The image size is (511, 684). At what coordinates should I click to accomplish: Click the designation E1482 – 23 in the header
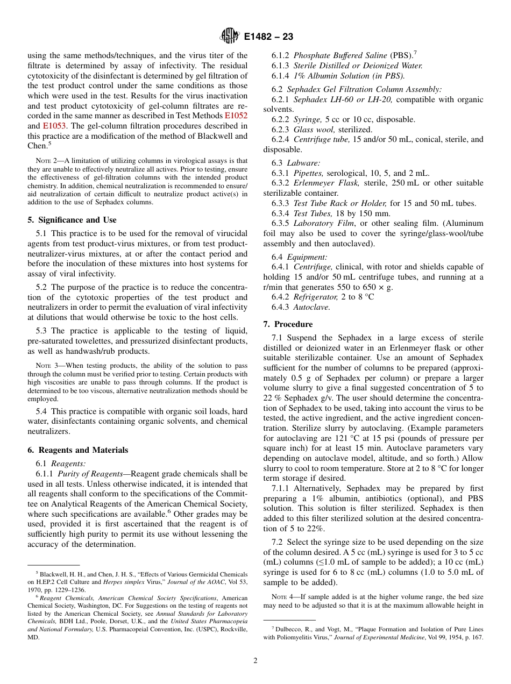click(268, 37)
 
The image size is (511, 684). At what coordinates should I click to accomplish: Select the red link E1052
click(236, 116)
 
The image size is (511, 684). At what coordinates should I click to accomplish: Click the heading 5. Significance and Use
click(72, 220)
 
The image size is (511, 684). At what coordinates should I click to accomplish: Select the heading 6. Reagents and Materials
click(77, 450)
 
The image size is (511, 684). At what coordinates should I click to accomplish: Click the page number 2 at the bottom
click(256, 661)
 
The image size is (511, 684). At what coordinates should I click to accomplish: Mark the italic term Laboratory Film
click(322, 224)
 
